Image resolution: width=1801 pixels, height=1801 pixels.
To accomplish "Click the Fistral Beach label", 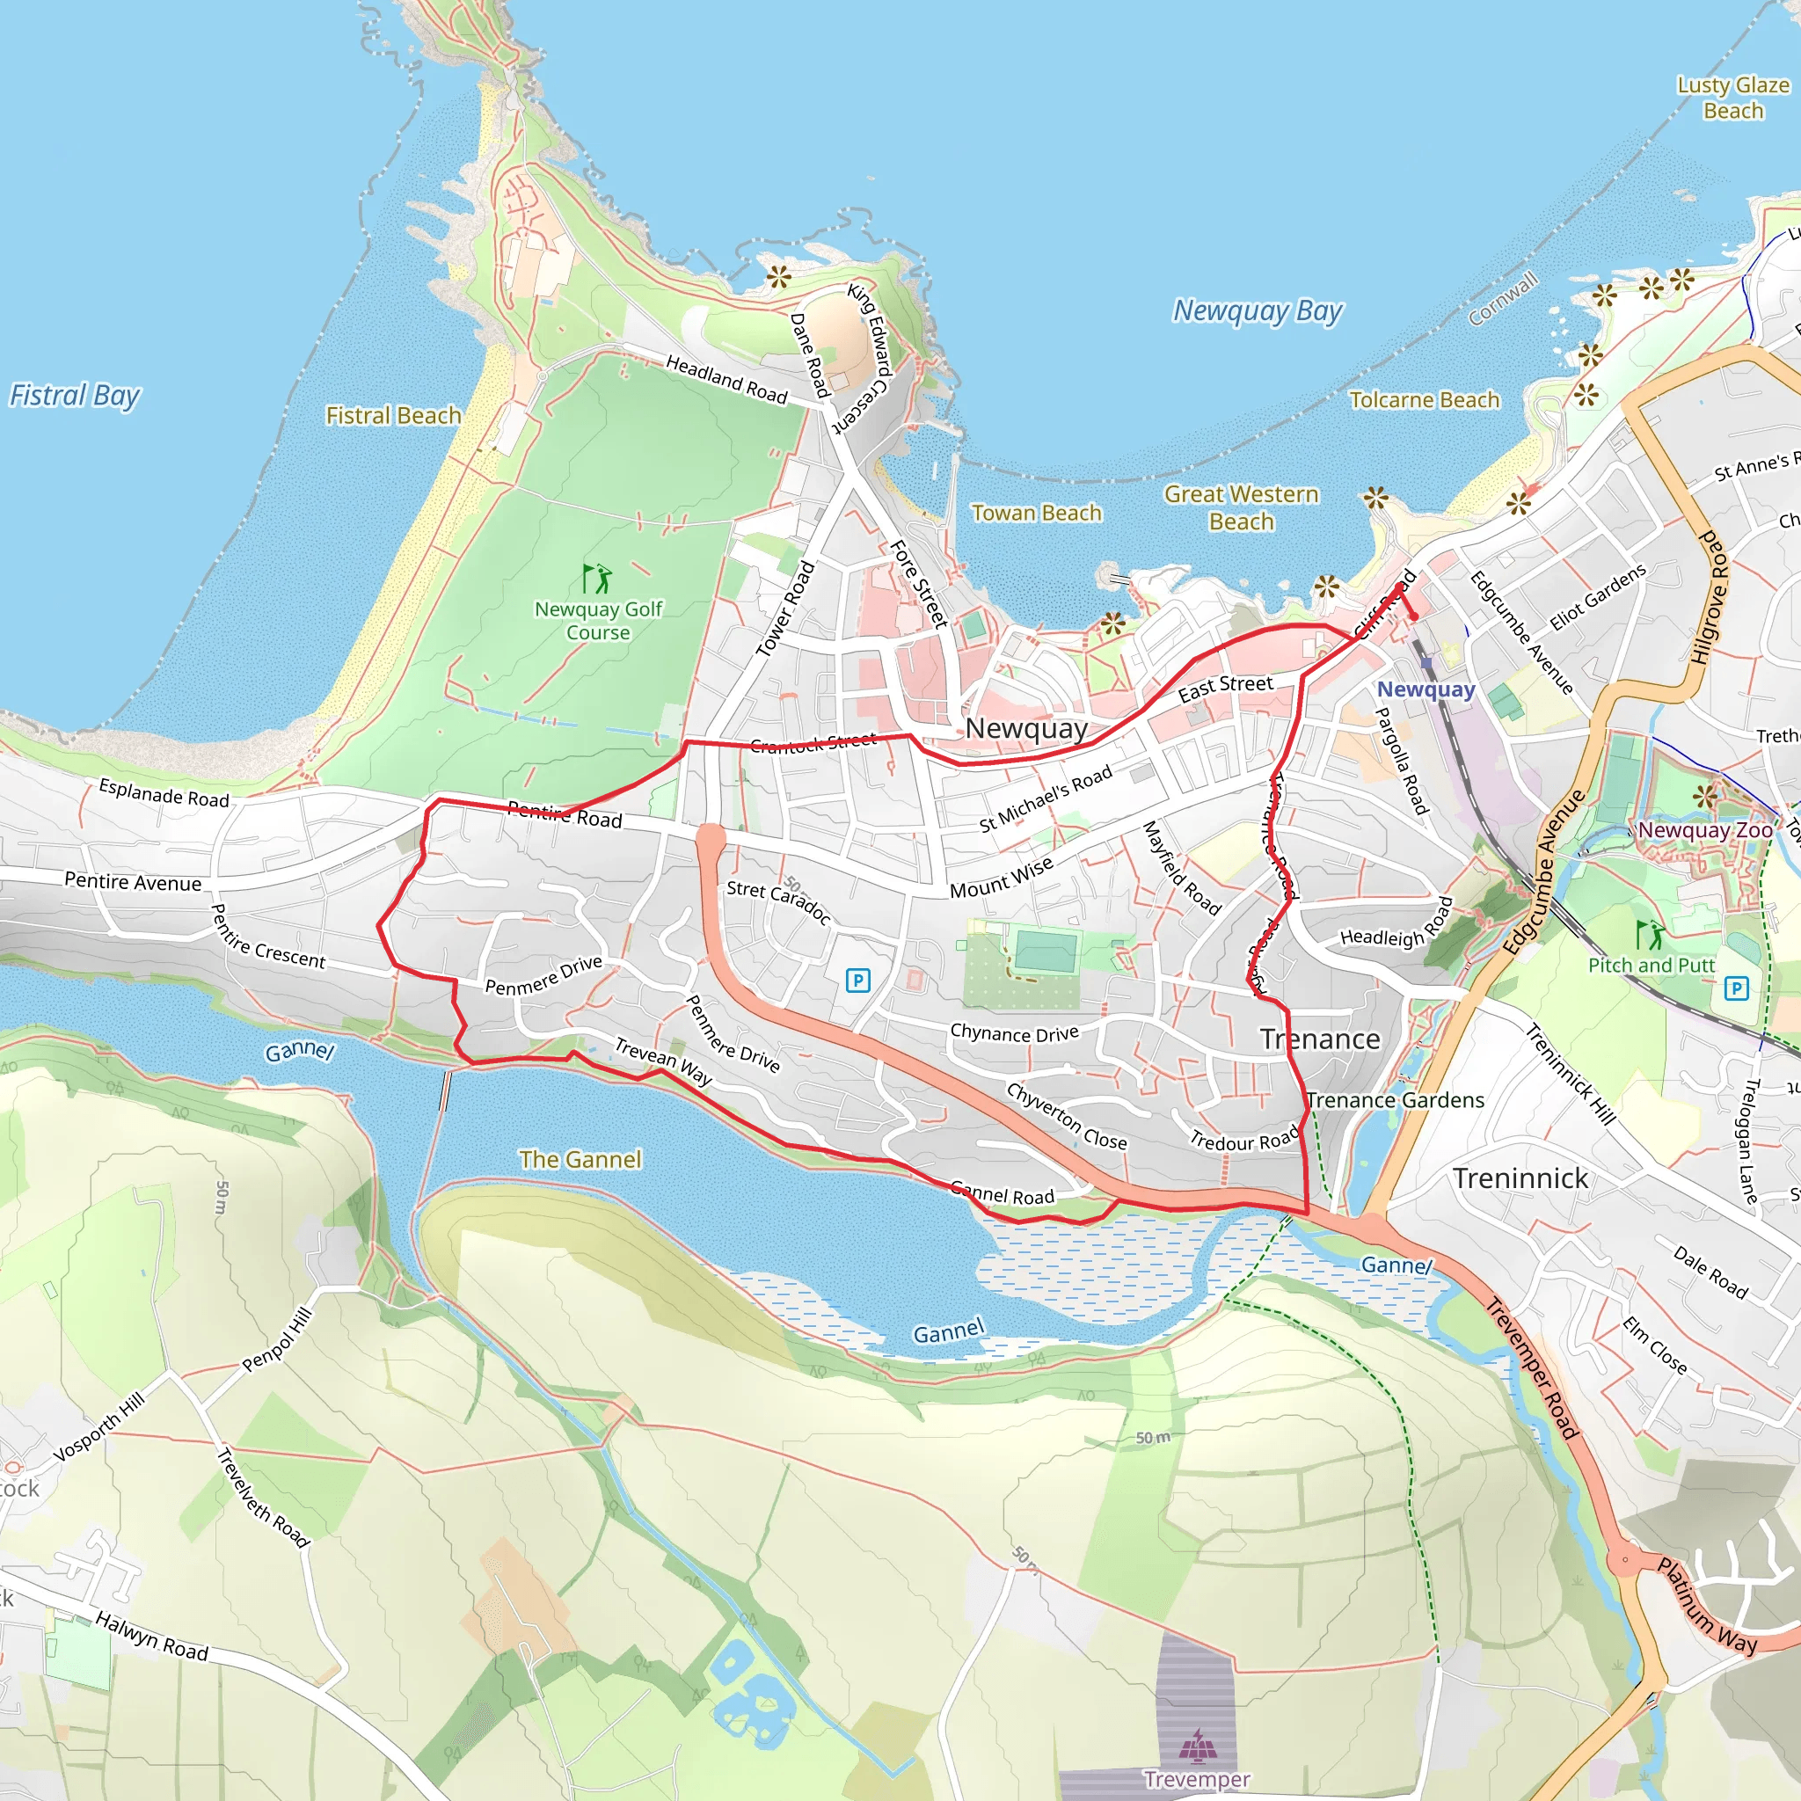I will (x=392, y=416).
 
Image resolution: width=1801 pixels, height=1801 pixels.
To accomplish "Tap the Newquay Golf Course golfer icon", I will (x=596, y=579).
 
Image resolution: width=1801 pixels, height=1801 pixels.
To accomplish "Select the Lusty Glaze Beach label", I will (x=1732, y=98).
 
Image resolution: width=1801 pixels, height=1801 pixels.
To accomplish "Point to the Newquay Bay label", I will (x=1257, y=310).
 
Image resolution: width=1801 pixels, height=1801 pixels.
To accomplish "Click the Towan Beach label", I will (x=1036, y=513).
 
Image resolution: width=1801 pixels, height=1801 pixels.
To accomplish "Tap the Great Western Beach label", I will (x=1241, y=507).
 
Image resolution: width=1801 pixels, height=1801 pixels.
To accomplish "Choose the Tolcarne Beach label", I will (x=1424, y=400).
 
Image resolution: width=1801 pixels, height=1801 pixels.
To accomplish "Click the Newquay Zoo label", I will (x=1704, y=829).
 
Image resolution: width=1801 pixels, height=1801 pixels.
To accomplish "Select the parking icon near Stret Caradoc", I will (x=857, y=980).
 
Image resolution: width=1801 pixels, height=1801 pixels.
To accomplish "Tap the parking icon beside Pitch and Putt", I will (x=1736, y=988).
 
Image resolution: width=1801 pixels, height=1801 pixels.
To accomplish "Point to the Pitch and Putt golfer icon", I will (x=1648, y=933).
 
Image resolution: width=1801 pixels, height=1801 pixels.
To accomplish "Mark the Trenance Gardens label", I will (x=1395, y=1100).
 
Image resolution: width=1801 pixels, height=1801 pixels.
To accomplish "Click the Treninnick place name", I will (x=1520, y=1178).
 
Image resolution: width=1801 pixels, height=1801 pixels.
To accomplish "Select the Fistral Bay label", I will (x=75, y=395).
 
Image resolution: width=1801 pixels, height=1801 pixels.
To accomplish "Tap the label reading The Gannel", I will (x=580, y=1160).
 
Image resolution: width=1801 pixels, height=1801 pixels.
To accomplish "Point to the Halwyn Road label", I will (x=152, y=1637).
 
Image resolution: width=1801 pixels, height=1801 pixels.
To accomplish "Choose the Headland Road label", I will (x=726, y=378).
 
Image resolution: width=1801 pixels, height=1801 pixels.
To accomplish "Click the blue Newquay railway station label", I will (x=1425, y=689).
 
